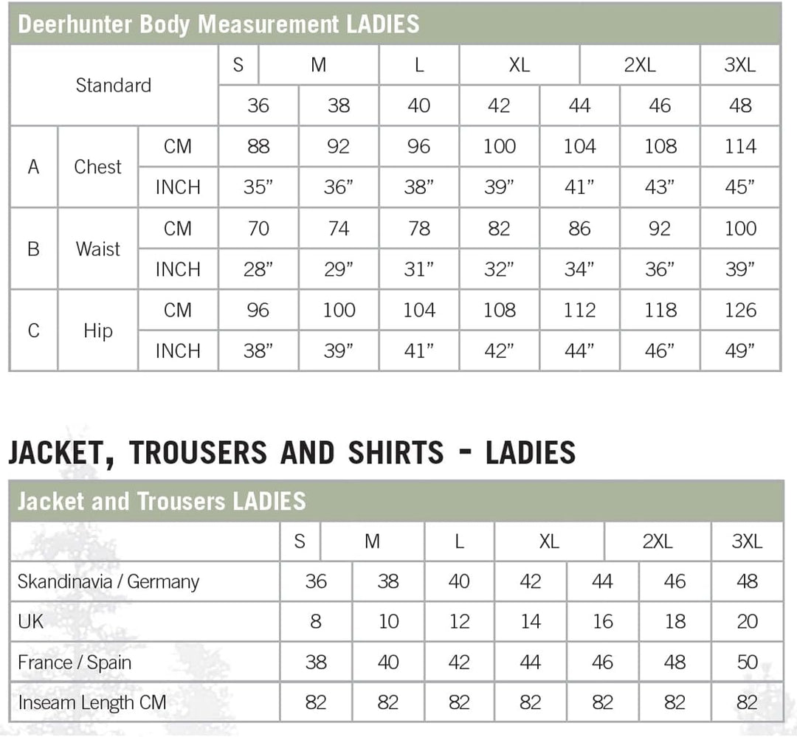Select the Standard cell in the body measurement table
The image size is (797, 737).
pos(113,85)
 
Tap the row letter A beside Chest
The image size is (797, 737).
pos(33,167)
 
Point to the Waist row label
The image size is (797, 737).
pos(97,249)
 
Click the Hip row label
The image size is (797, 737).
pos(97,331)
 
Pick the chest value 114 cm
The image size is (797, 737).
pos(739,147)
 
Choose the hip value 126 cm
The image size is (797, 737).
pos(739,311)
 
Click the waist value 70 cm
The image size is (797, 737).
pos(258,229)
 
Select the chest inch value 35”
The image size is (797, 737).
pos(258,188)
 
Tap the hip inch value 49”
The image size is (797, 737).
pos(739,351)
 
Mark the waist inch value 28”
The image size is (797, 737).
pos(258,270)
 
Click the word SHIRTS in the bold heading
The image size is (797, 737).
pos(396,452)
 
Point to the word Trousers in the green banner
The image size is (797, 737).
pos(181,502)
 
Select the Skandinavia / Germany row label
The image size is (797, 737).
pos(108,581)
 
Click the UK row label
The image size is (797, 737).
pos(31,622)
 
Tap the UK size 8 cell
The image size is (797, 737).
pos(316,622)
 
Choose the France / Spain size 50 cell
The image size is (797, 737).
pos(747,662)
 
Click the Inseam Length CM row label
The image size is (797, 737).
pos(92,702)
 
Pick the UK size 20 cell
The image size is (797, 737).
pos(747,622)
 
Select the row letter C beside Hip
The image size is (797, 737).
pos(33,331)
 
